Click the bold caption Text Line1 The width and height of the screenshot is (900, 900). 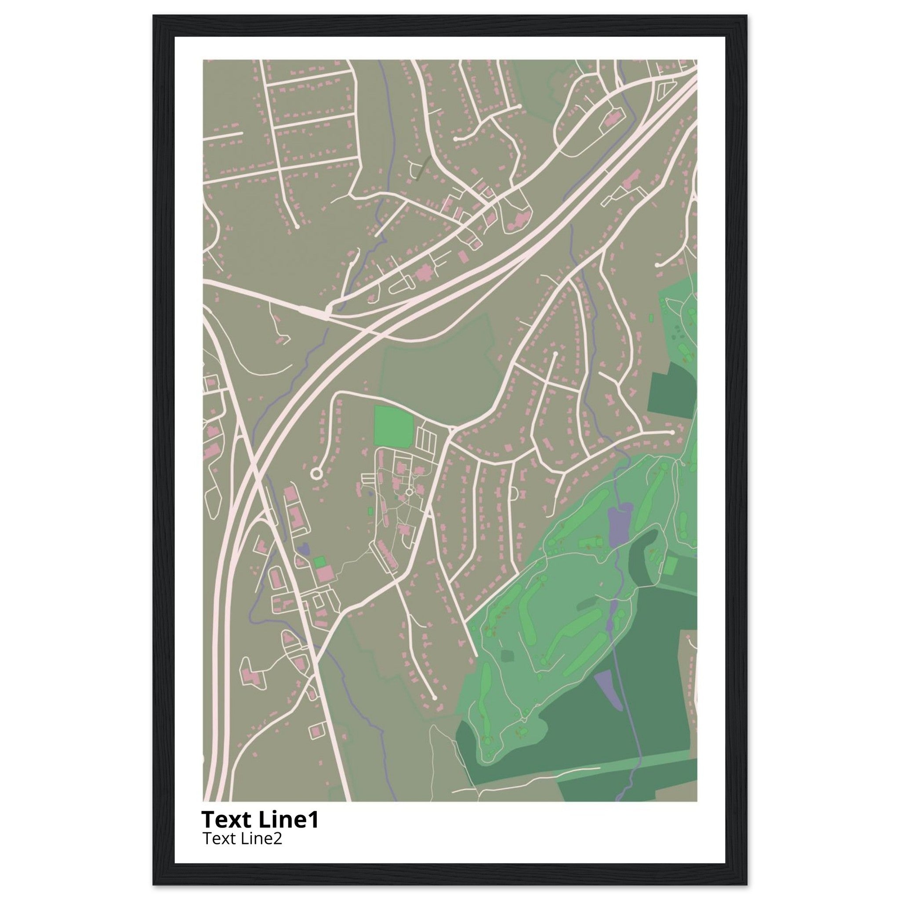[x=260, y=819]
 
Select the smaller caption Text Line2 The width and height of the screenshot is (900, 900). [x=242, y=838]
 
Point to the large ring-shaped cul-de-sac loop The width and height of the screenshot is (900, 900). [x=316, y=474]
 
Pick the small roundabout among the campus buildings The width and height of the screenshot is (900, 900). [x=410, y=492]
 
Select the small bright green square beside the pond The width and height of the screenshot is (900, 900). [x=319, y=562]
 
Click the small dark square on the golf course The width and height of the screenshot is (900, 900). [x=507, y=656]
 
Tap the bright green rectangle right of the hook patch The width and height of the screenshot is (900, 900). [x=670, y=565]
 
